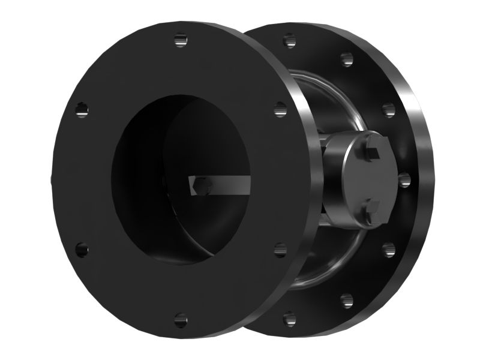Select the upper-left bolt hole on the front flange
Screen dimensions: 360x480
pyautogui.click(x=82, y=109)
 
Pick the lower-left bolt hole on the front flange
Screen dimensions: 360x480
pyautogui.click(x=82, y=248)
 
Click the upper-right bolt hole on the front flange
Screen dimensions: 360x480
pyautogui.click(x=280, y=109)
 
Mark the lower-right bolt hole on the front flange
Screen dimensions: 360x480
pyautogui.click(x=280, y=248)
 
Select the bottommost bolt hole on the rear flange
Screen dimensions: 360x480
pyautogui.click(x=290, y=316)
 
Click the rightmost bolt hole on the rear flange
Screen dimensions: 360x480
pyautogui.click(x=403, y=179)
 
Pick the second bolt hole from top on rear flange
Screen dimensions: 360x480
pyautogui.click(x=346, y=59)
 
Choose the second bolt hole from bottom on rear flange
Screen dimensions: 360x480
pyautogui.click(x=346, y=298)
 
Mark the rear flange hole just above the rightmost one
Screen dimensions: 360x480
pyautogui.click(x=388, y=110)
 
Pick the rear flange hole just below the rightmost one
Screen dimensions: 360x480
pyautogui.click(x=388, y=248)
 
